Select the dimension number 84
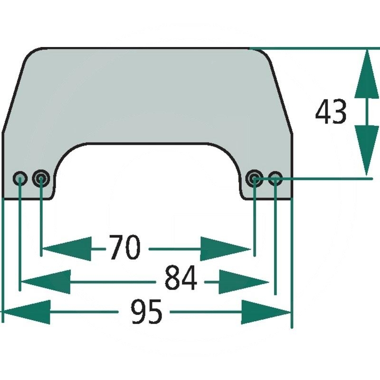pos(181,279)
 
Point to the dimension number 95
pos(147,312)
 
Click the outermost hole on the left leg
pos(20,179)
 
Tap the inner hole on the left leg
pos(41,179)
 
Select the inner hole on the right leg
pos(255,179)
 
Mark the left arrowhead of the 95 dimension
pos(26,312)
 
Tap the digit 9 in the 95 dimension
pos(138,312)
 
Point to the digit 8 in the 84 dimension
pos(172,279)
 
